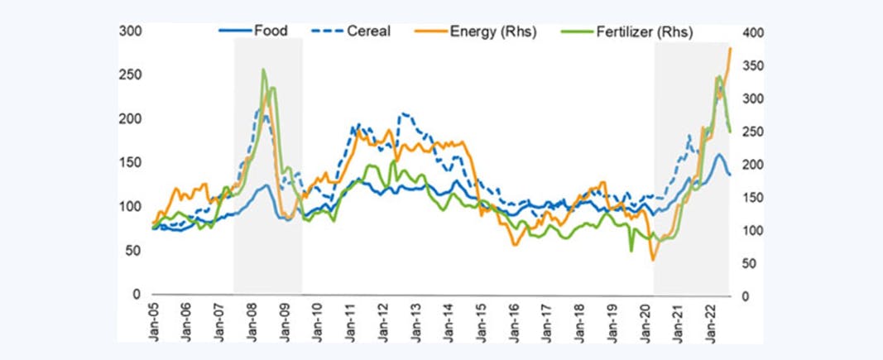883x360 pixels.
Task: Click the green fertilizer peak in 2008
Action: (263, 70)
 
